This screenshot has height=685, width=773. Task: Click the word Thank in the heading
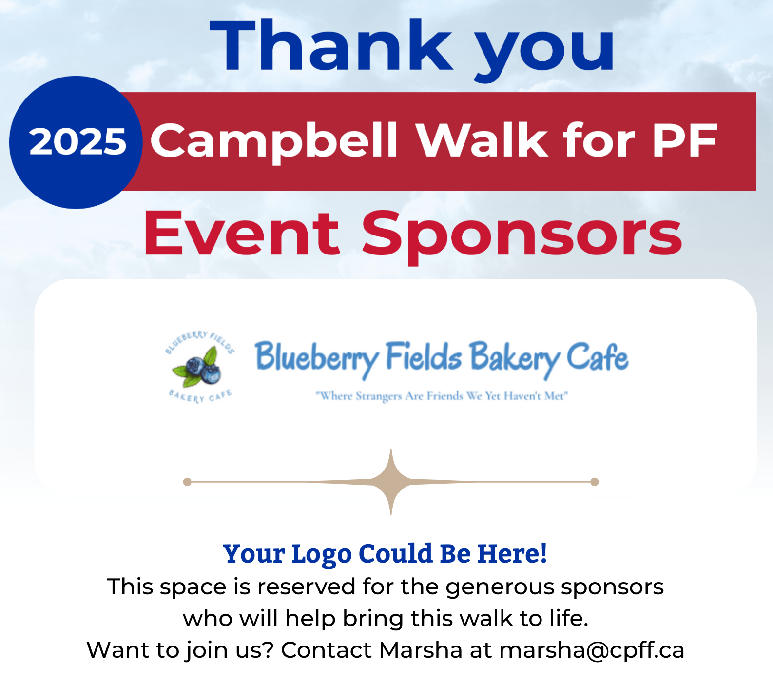(x=331, y=45)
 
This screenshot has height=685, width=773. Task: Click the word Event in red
(x=242, y=234)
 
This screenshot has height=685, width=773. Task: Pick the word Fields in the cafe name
(x=424, y=356)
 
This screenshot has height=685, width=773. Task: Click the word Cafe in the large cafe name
(x=598, y=356)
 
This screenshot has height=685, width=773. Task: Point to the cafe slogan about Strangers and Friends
(x=442, y=396)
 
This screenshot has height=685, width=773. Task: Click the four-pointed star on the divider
(x=391, y=482)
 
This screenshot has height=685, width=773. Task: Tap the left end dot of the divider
(x=187, y=482)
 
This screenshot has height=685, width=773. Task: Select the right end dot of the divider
(x=595, y=482)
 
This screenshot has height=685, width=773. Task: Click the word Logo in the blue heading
(x=322, y=555)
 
